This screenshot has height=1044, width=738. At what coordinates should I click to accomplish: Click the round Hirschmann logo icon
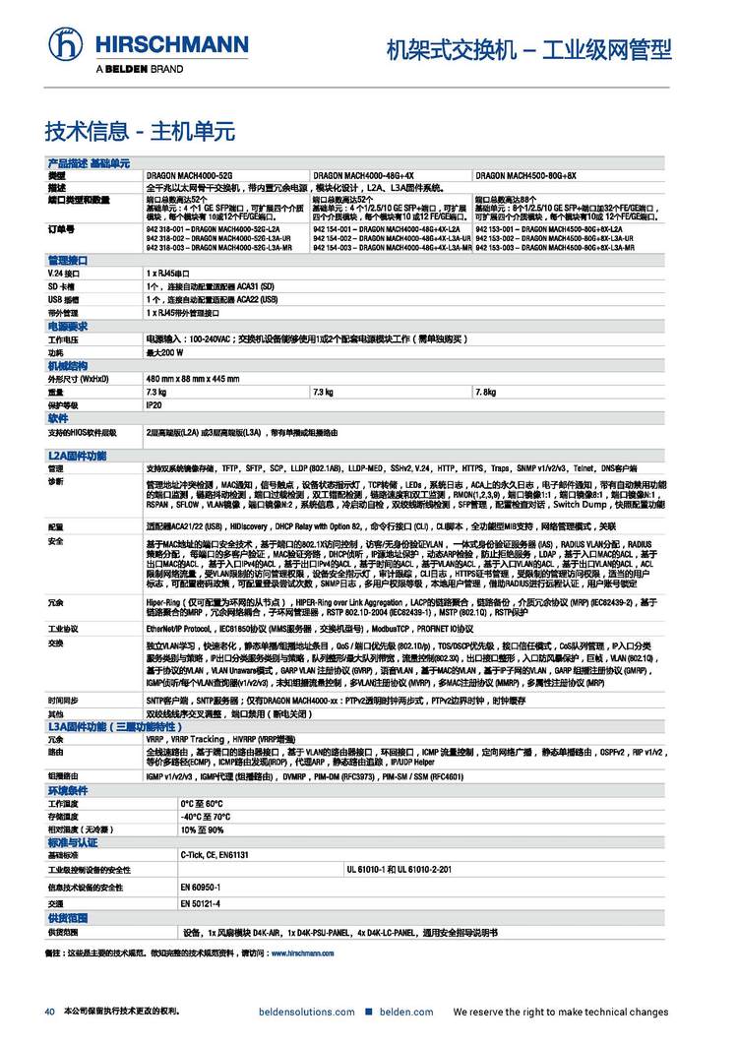pyautogui.click(x=67, y=44)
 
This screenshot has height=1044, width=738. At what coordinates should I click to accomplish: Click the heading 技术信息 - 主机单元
pyautogui.click(x=140, y=131)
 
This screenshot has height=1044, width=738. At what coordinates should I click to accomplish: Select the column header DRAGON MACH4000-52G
pyautogui.click(x=189, y=174)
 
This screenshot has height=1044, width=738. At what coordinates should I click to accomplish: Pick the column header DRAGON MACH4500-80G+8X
pyautogui.click(x=525, y=174)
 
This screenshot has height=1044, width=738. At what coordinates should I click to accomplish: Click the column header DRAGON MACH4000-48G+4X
pyautogui.click(x=362, y=174)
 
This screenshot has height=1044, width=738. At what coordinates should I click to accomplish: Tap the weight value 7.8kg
pyautogui.click(x=485, y=392)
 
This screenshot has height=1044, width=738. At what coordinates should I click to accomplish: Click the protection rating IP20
pyautogui.click(x=154, y=404)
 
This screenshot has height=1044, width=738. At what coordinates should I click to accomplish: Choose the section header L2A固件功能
pyautogui.click(x=77, y=458)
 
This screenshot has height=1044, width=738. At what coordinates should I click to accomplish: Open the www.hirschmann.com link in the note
pyautogui.click(x=303, y=953)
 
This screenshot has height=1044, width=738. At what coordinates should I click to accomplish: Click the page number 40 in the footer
pyautogui.click(x=48, y=1012)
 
